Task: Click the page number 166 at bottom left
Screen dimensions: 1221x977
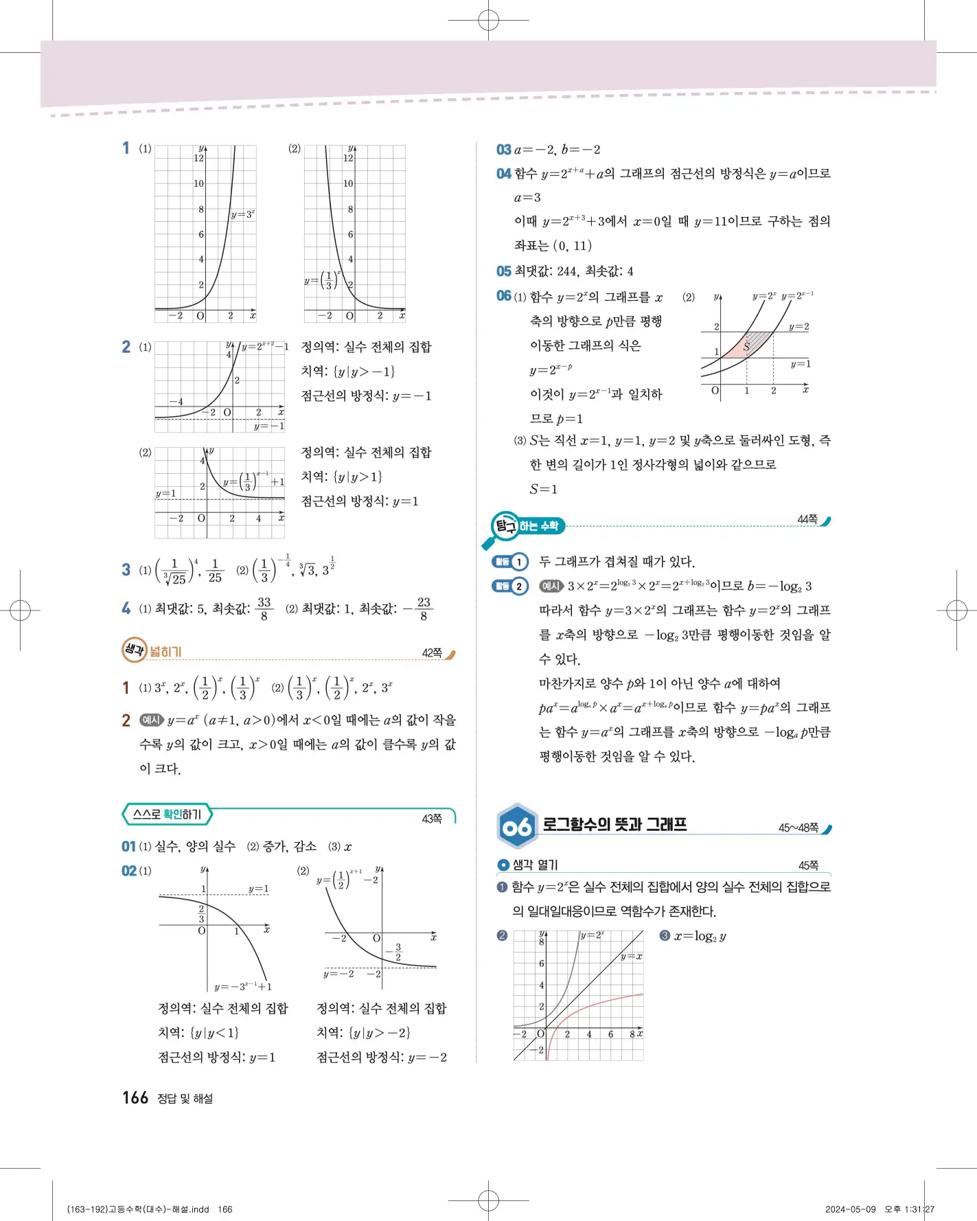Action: (135, 1097)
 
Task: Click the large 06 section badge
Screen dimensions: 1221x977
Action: (516, 826)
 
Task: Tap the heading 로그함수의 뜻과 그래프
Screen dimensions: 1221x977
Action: (614, 824)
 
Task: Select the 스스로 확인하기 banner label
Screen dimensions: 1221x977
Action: (167, 814)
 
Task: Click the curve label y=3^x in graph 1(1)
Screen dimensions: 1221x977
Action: (242, 214)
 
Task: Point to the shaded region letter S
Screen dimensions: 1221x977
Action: (746, 347)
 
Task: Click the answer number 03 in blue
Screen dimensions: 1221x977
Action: (504, 150)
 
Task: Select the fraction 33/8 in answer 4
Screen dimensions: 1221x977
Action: (264, 608)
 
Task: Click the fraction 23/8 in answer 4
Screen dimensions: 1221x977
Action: (423, 608)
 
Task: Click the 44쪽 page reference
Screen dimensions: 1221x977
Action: (807, 520)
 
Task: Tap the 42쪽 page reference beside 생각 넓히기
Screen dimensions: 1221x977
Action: (431, 653)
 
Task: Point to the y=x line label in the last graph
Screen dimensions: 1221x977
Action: (632, 956)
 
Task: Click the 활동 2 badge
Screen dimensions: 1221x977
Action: (511, 586)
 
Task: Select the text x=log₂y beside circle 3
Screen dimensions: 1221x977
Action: (700, 936)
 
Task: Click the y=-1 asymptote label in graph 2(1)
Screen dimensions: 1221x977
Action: (268, 426)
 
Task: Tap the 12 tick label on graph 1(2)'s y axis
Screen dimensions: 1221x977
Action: (348, 158)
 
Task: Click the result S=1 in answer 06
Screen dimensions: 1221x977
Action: (544, 489)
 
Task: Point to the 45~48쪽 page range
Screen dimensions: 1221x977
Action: (798, 828)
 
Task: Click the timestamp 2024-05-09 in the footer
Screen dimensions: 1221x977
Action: (850, 1209)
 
